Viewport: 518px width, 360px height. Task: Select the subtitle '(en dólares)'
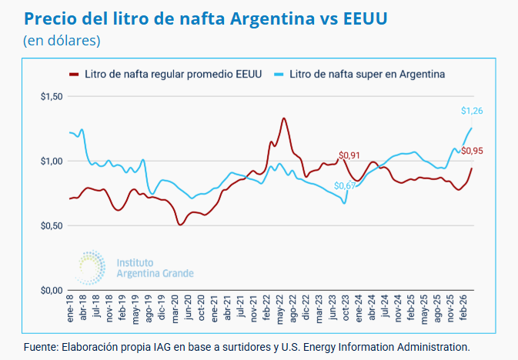[x=61, y=39]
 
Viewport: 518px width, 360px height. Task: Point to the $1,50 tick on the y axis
[x=51, y=96]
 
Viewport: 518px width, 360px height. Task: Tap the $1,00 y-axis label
[x=51, y=161]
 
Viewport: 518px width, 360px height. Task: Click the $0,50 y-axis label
[x=51, y=225]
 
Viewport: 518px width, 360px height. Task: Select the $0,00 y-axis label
[x=51, y=290]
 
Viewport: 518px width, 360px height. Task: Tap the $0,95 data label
[x=472, y=151]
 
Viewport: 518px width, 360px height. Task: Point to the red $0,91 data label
[x=349, y=156]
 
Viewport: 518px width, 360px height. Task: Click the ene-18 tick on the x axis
[x=70, y=309]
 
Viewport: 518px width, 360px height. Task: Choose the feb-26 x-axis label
[x=464, y=309]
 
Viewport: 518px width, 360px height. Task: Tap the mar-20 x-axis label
[x=175, y=309]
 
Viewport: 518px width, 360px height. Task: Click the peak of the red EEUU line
[x=284, y=118]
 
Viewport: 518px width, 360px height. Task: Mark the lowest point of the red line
[x=180, y=225]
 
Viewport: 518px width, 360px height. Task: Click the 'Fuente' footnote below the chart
[x=246, y=346]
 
